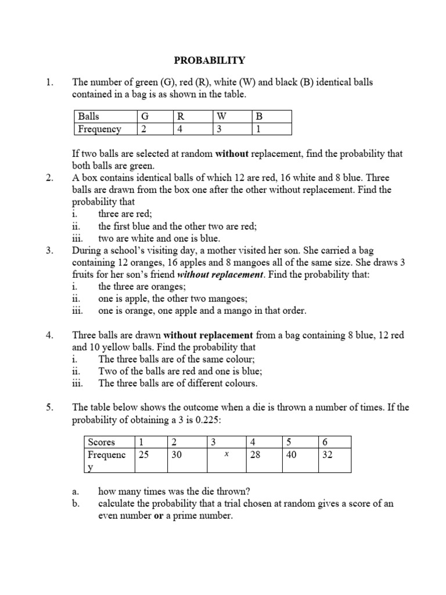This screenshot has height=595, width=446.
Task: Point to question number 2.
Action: pyautogui.click(x=49, y=178)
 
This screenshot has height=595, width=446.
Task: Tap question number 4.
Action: pyautogui.click(x=49, y=335)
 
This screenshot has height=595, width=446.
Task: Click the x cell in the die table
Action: pyautogui.click(x=226, y=456)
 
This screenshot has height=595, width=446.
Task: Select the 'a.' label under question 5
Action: pyautogui.click(x=75, y=491)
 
